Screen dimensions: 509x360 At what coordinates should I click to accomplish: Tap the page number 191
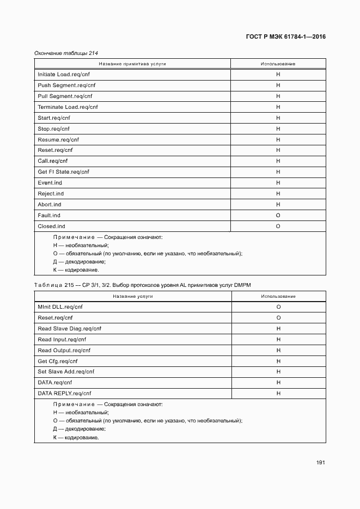click(x=320, y=462)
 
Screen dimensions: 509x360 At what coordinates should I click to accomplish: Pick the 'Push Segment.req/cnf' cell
click(x=63, y=85)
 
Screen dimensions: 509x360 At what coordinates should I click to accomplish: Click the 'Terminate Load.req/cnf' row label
click(x=68, y=107)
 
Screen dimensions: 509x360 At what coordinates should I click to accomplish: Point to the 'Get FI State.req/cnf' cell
click(x=63, y=172)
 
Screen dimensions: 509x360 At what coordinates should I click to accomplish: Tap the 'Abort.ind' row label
click(x=50, y=205)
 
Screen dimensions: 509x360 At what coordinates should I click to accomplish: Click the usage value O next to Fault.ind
click(x=278, y=216)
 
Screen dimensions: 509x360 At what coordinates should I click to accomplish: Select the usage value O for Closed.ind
click(x=278, y=226)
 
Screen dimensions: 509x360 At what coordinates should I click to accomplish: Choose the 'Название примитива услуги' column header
click(x=132, y=64)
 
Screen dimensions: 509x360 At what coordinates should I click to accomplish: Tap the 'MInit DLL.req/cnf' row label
click(x=60, y=307)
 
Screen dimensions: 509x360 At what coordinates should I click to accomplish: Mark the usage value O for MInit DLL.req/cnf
click(x=278, y=307)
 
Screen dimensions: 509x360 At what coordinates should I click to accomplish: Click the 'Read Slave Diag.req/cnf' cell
click(x=69, y=329)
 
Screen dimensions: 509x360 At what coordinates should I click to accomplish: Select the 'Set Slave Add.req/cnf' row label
click(x=66, y=372)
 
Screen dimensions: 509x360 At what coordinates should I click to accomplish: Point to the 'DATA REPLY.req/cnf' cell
click(x=64, y=394)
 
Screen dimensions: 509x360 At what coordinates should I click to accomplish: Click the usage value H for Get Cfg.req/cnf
click(x=278, y=361)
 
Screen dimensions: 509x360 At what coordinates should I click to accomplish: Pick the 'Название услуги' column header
click(x=133, y=296)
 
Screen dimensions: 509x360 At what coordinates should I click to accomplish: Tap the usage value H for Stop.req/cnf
click(x=278, y=129)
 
